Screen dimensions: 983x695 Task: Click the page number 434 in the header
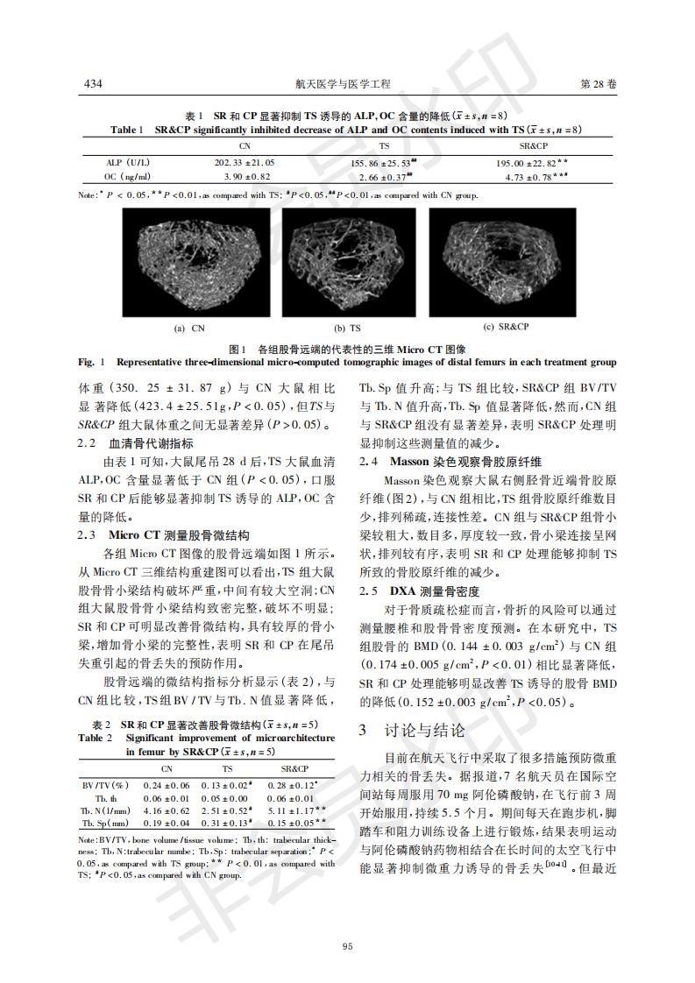[x=93, y=84]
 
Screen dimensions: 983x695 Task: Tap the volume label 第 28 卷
[x=599, y=84]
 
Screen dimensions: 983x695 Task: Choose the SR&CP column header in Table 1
[x=533, y=146]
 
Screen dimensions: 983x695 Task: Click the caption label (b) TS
[x=348, y=329]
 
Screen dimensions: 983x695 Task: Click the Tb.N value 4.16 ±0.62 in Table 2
[x=167, y=811]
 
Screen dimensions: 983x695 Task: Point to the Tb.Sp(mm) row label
[x=107, y=825]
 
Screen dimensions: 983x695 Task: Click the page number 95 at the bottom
[x=347, y=945]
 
